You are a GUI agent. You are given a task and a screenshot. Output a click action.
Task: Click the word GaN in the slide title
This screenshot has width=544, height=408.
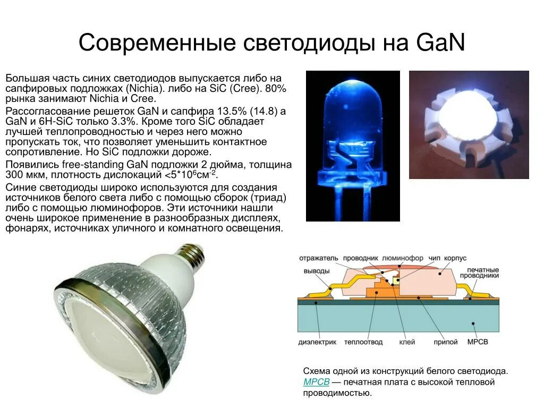click(441, 43)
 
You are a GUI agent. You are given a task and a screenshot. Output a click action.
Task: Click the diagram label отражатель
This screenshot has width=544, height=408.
click(318, 258)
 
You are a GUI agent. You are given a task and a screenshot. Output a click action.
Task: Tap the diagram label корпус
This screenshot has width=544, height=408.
click(455, 258)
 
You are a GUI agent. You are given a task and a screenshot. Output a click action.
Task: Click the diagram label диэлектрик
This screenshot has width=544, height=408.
click(318, 342)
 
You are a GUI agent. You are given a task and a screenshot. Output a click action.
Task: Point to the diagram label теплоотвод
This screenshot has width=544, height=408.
click(363, 342)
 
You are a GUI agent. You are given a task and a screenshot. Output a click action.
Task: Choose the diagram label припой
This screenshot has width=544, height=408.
click(445, 342)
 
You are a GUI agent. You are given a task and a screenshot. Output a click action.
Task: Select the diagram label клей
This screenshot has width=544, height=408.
click(406, 342)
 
